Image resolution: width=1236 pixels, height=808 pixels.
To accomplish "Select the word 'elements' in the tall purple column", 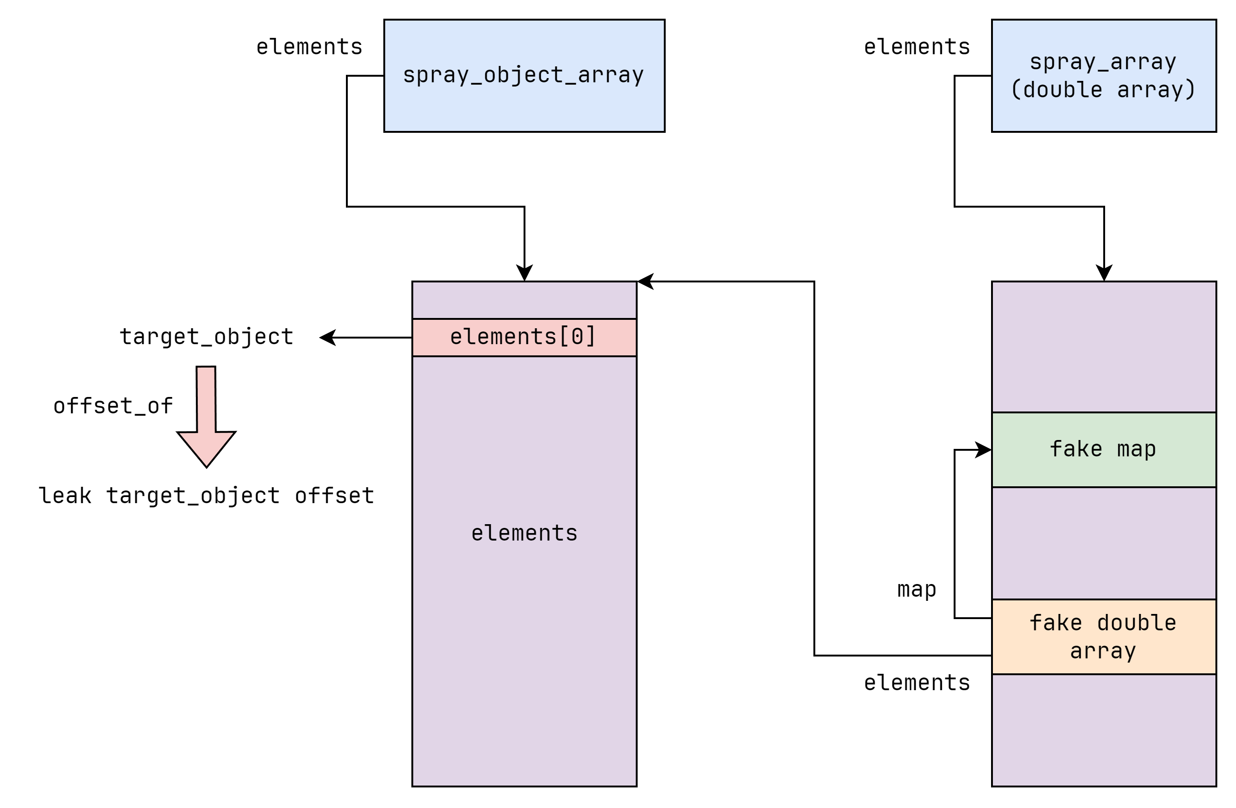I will click(524, 533).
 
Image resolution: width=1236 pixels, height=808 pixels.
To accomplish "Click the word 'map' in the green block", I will click(1136, 449).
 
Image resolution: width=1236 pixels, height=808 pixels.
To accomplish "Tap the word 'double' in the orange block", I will click(1136, 622).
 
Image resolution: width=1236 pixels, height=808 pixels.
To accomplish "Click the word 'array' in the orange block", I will click(1103, 650).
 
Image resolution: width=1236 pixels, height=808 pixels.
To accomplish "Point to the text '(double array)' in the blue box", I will click(1103, 89).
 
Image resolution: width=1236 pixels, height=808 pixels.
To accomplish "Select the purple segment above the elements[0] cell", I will click(524, 300).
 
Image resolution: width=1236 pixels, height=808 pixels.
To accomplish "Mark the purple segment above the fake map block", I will click(1104, 346).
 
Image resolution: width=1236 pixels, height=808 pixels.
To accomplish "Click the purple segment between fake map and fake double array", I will click(1104, 543).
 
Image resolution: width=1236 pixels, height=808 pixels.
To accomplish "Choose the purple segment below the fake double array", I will click(1104, 730).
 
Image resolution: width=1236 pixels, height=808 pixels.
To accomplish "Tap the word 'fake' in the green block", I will click(1076, 449).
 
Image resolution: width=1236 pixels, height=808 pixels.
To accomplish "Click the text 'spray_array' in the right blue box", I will click(1103, 62).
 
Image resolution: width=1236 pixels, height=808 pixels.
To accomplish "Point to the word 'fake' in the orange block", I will click(1056, 622).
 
